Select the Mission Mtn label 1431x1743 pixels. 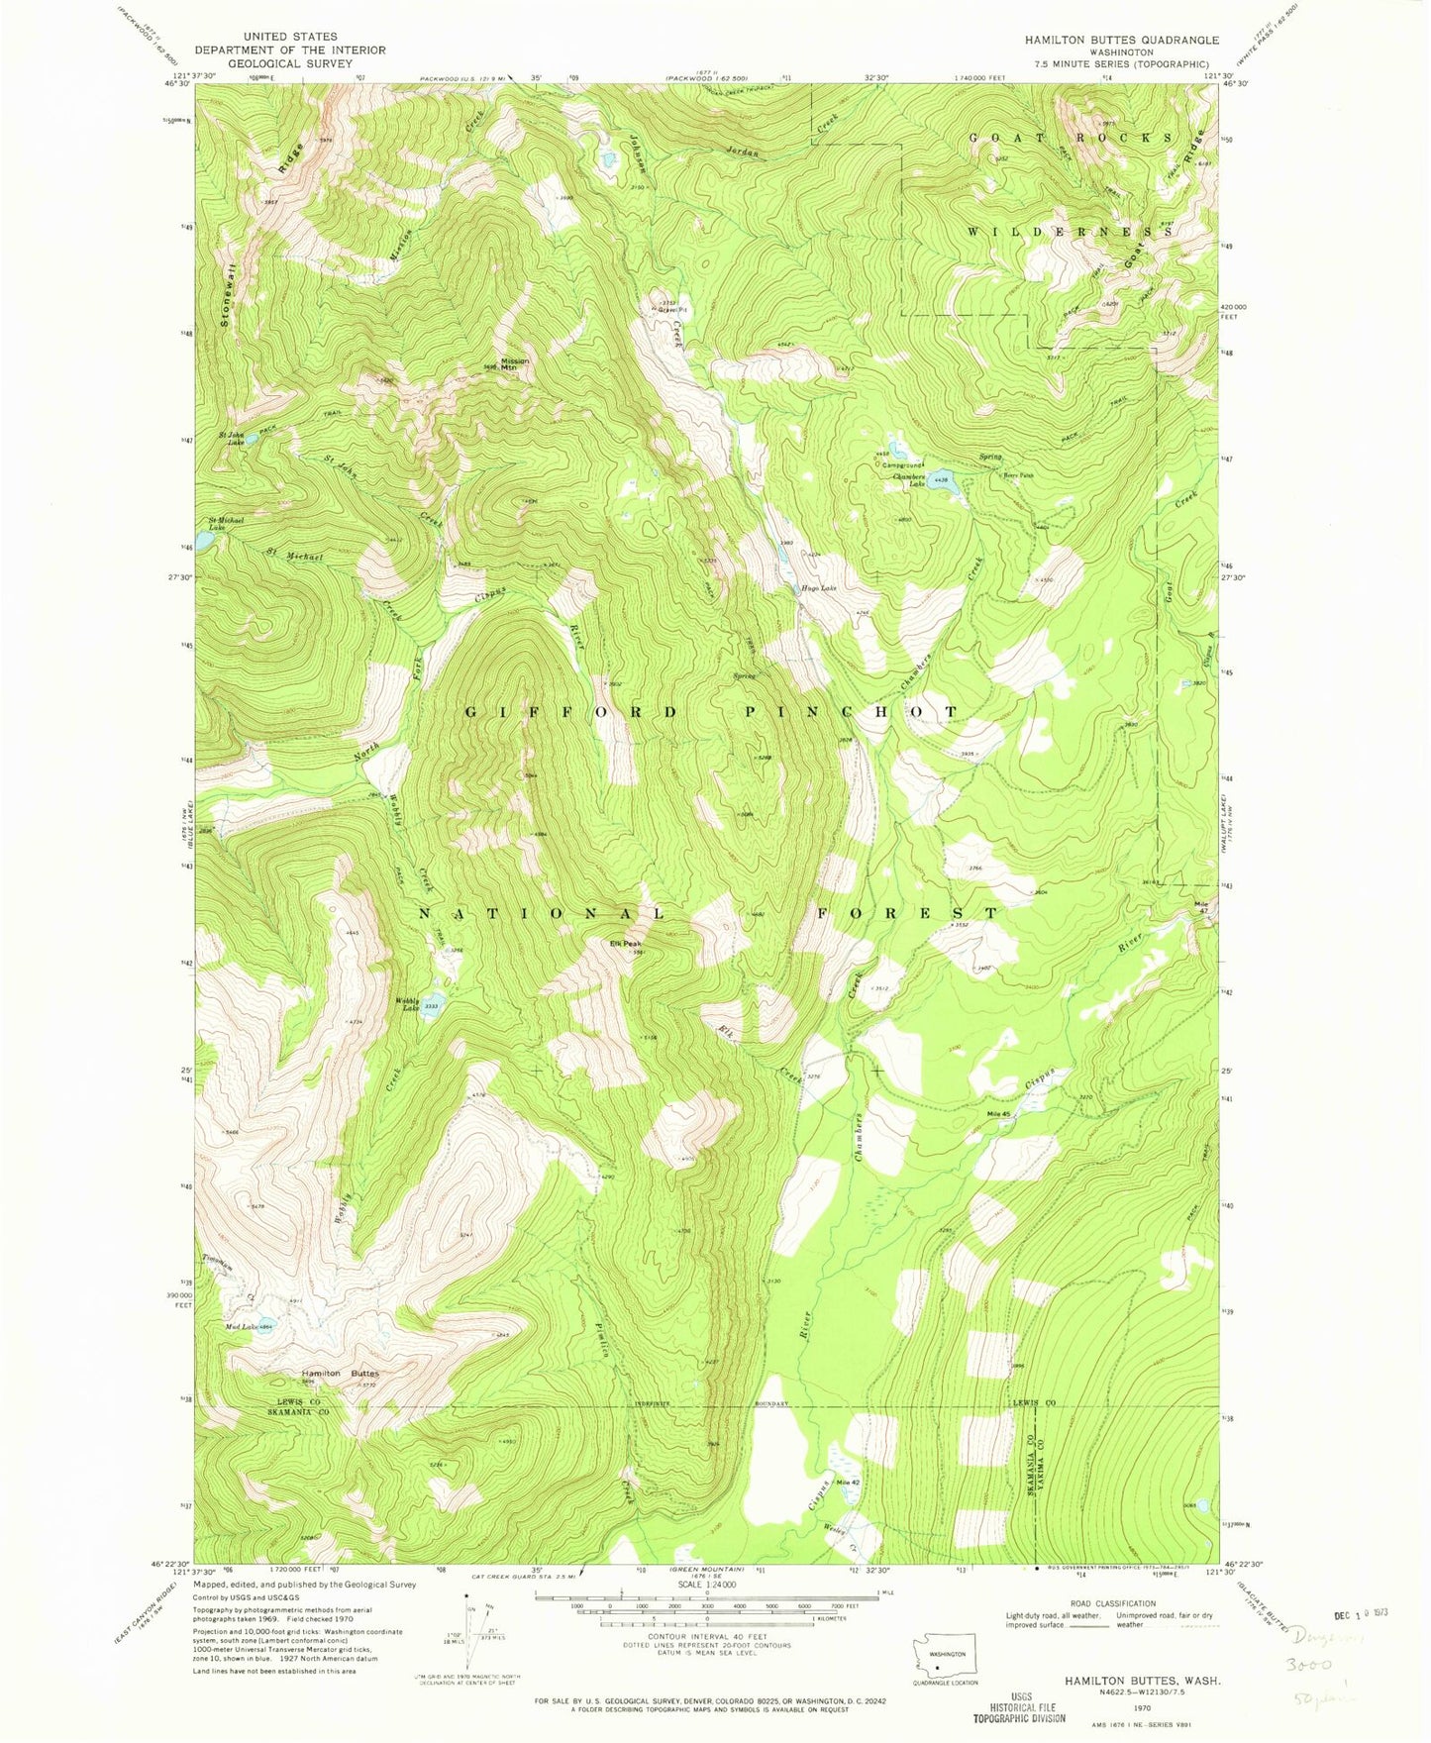515,363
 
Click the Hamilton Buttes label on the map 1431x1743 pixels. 340,1374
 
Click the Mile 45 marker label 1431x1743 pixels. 998,1114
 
